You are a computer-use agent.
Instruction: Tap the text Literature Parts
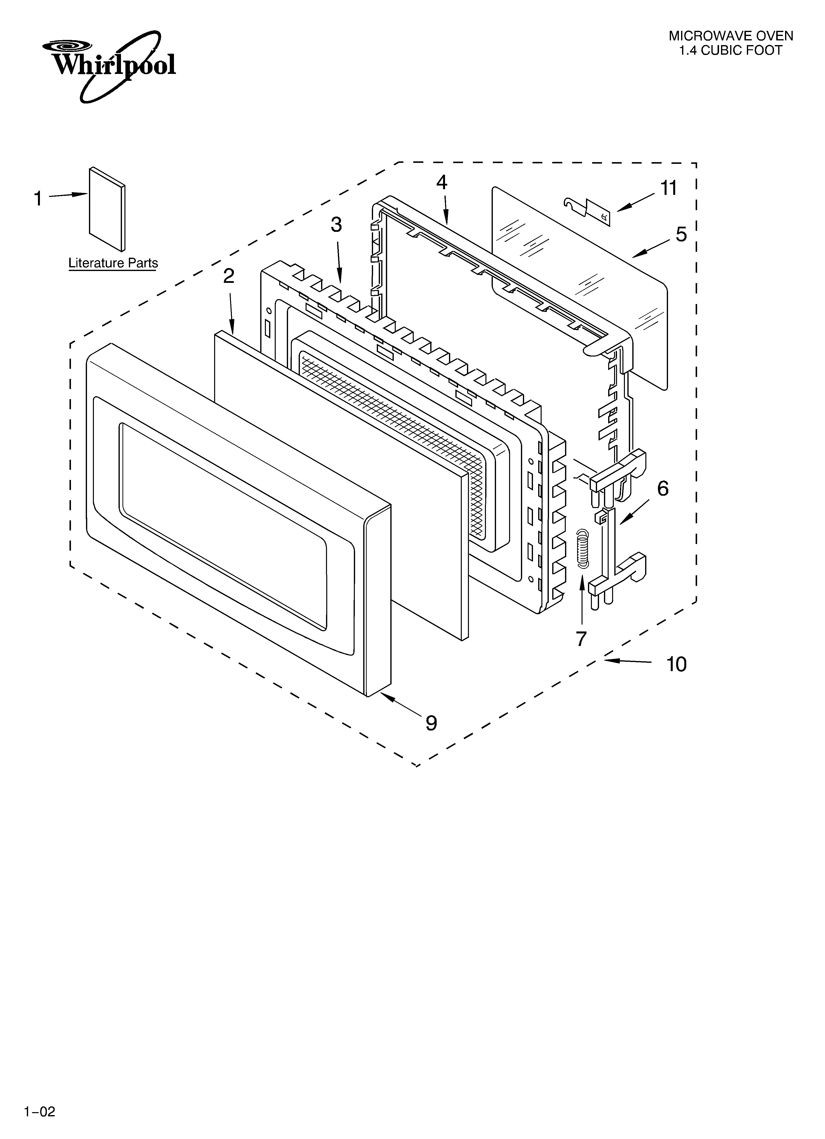[113, 263]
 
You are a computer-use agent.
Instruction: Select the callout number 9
[431, 723]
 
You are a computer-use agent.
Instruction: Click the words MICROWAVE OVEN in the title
[731, 36]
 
